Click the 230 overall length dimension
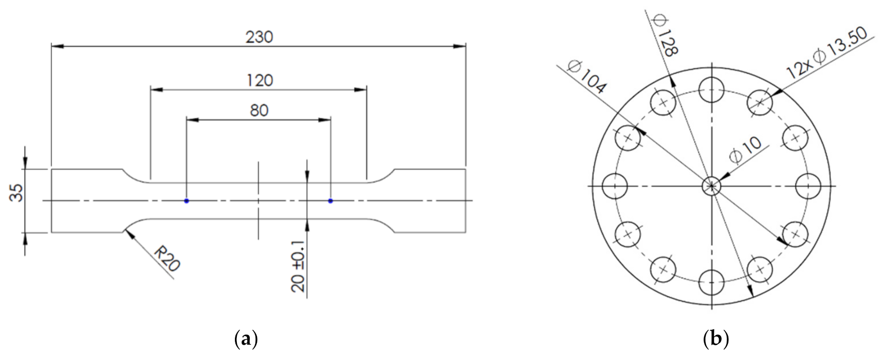tap(259, 37)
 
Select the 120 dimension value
tap(259, 80)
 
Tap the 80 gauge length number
tap(259, 111)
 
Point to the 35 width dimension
tap(17, 193)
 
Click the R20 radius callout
tap(166, 259)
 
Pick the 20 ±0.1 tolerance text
tap(298, 270)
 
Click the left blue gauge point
tap(187, 201)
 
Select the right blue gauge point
tap(331, 201)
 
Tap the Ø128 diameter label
tap(665, 35)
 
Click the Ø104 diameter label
tap(587, 76)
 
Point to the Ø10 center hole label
tap(745, 149)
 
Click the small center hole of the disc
tap(711, 186)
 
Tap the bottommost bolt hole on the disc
tap(711, 282)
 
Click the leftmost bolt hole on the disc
tap(615, 186)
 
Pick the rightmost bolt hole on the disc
tap(808, 186)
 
